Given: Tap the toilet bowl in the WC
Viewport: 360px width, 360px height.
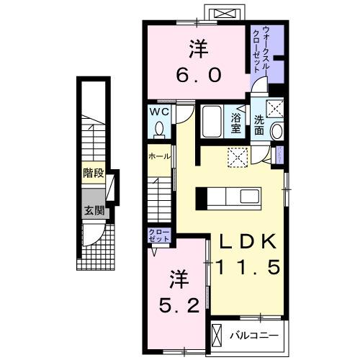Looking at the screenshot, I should click(x=160, y=130).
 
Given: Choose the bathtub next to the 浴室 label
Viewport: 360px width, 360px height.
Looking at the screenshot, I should click(x=212, y=122).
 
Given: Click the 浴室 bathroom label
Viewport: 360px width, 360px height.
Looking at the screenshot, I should click(x=235, y=122).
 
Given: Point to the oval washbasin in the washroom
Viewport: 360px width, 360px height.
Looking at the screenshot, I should click(x=279, y=130).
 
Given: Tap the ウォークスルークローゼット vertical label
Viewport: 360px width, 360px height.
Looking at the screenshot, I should click(x=261, y=48).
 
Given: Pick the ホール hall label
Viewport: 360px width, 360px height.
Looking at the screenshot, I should click(x=159, y=156).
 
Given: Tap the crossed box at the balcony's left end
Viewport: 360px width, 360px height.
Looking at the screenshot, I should click(x=217, y=335).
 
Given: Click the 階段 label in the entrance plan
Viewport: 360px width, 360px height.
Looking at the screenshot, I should click(x=94, y=173).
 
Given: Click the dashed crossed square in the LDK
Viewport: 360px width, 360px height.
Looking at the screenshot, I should click(x=237, y=156).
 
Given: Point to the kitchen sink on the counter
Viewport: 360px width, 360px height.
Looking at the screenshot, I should click(x=252, y=196).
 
